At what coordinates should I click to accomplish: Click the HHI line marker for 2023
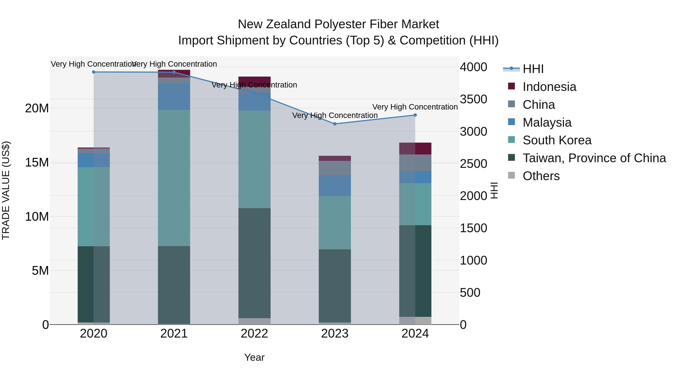(335, 124)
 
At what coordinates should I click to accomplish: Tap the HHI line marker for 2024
(415, 115)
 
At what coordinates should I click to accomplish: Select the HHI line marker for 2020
(94, 72)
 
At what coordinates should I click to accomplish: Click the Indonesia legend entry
(549, 87)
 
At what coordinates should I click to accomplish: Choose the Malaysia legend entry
(547, 122)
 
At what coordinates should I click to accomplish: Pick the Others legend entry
(541, 176)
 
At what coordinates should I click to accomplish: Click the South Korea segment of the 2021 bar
(174, 178)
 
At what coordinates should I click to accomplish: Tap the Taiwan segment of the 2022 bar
(254, 263)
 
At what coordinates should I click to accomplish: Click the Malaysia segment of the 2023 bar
(335, 186)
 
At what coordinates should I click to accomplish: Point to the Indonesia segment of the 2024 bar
(415, 149)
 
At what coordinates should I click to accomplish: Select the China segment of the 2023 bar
(335, 168)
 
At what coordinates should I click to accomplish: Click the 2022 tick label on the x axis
(254, 334)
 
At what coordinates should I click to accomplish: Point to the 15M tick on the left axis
(37, 163)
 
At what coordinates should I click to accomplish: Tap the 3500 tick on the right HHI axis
(473, 99)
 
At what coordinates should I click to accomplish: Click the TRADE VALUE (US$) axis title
(6, 190)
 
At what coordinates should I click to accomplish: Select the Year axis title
(254, 357)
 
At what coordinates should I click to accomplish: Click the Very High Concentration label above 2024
(415, 107)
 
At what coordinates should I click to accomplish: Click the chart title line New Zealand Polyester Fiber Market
(338, 24)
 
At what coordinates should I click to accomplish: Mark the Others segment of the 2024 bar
(415, 321)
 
